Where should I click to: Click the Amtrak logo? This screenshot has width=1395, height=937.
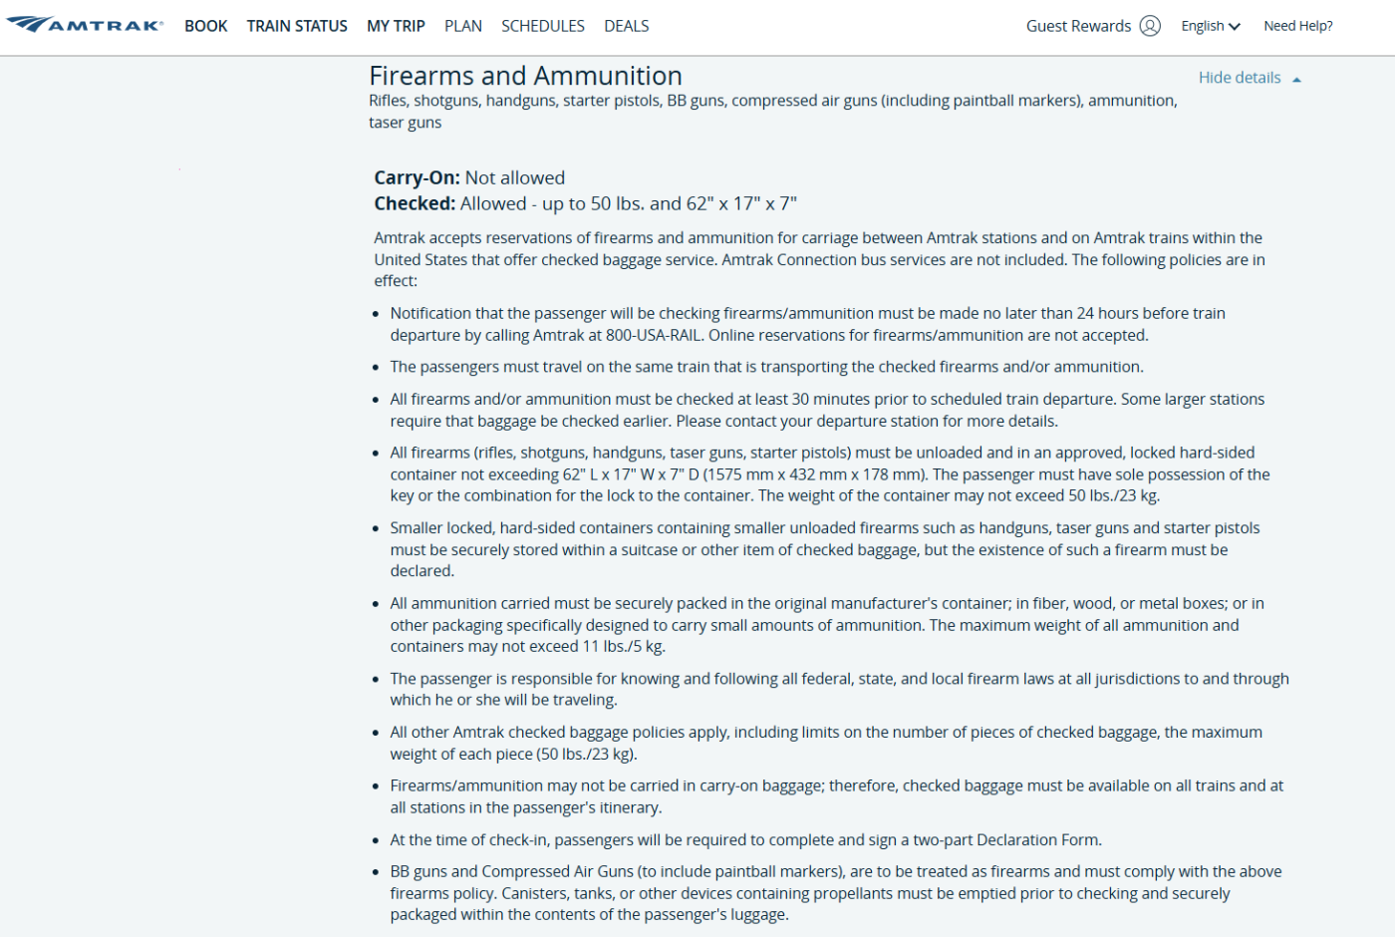pos(85,25)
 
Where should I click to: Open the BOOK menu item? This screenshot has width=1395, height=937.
pos(206,26)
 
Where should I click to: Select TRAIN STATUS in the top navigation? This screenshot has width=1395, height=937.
pos(297,26)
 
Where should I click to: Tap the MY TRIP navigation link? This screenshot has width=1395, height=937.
pos(396,26)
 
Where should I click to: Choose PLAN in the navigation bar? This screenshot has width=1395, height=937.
pos(463,26)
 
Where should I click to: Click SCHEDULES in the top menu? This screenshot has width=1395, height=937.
pos(543,26)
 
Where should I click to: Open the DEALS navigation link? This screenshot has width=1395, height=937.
pos(627,26)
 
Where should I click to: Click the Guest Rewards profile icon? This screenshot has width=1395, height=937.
pos(1150,26)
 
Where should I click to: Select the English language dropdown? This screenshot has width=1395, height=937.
pos(1210,26)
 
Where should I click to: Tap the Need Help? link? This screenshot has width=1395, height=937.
pos(1297,26)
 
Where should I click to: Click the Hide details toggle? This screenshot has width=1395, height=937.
pos(1240,78)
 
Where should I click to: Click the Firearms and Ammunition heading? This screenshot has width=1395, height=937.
pos(525,76)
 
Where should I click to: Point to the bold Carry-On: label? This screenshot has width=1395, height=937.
pos(417,177)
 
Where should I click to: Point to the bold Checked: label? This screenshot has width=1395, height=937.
pos(415,203)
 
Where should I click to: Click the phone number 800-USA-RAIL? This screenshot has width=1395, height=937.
pos(653,335)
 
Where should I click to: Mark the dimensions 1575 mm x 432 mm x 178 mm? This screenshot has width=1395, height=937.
pos(814,474)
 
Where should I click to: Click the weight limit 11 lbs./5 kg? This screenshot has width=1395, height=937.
pos(623,646)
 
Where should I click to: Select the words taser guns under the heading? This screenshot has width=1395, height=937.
pos(405,123)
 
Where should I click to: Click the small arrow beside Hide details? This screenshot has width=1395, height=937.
pos(1296,80)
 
